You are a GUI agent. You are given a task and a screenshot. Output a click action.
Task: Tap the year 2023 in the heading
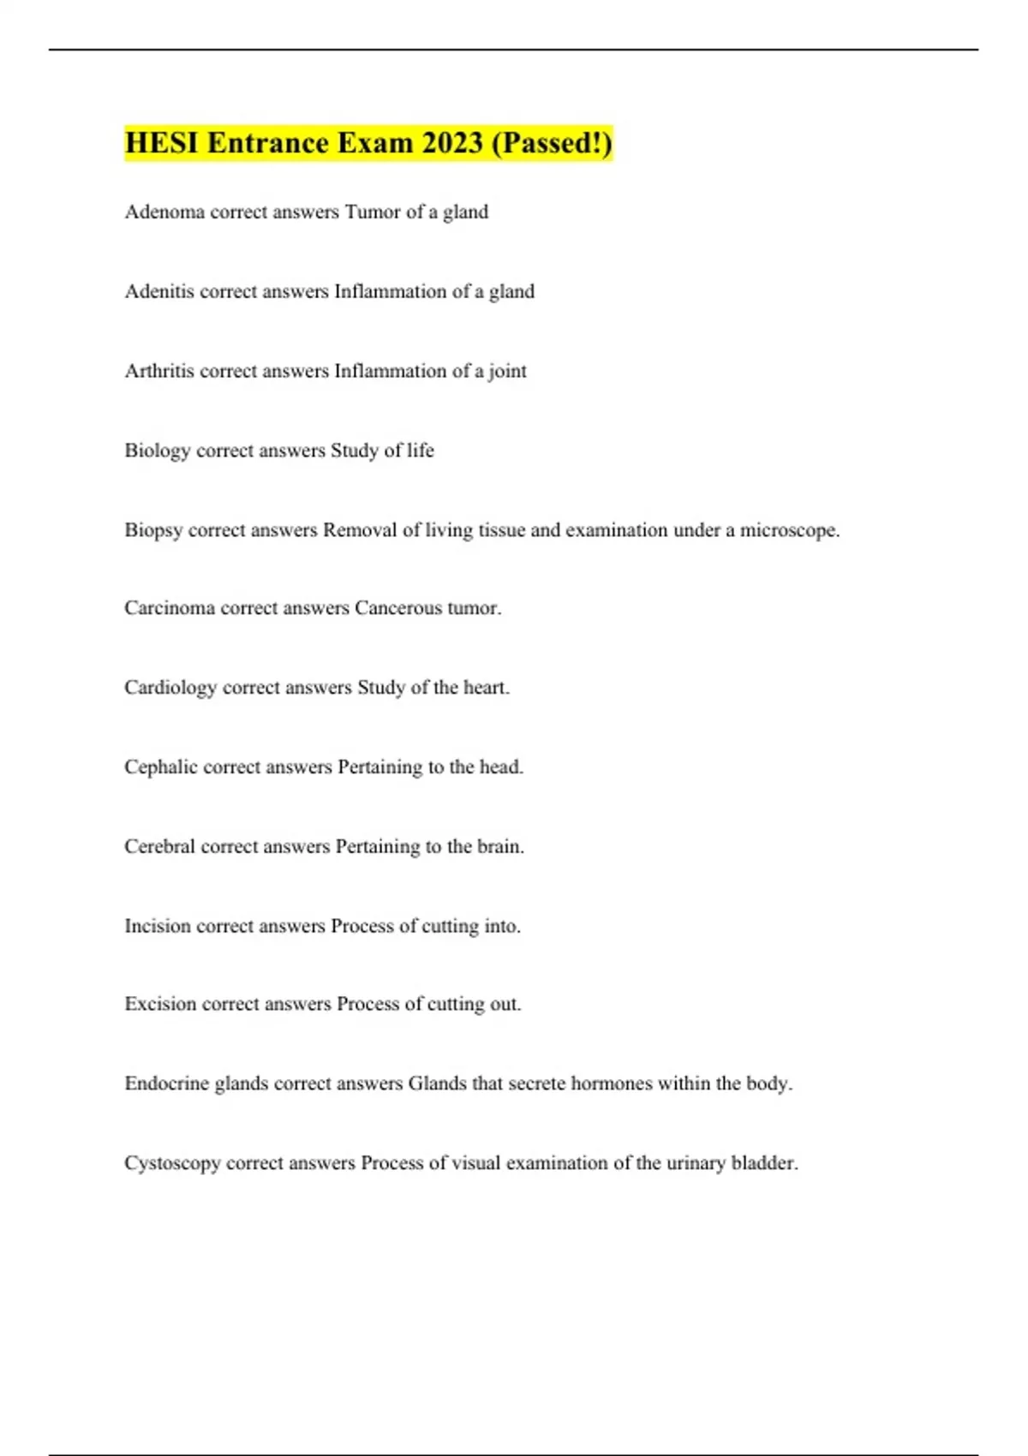point(452,143)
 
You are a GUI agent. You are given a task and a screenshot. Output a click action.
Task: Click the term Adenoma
point(164,212)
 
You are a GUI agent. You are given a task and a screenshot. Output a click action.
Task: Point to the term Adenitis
point(158,291)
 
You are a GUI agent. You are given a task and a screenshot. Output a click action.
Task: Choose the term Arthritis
point(159,371)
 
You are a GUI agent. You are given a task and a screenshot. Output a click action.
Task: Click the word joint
point(507,372)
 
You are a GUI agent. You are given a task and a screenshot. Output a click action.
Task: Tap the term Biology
point(157,451)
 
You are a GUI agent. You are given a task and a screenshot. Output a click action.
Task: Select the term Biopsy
point(153,531)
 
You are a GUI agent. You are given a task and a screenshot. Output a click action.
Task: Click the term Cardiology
point(170,688)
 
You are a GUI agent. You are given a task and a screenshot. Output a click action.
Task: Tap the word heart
point(486,688)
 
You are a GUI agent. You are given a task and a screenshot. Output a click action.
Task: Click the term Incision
point(157,926)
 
